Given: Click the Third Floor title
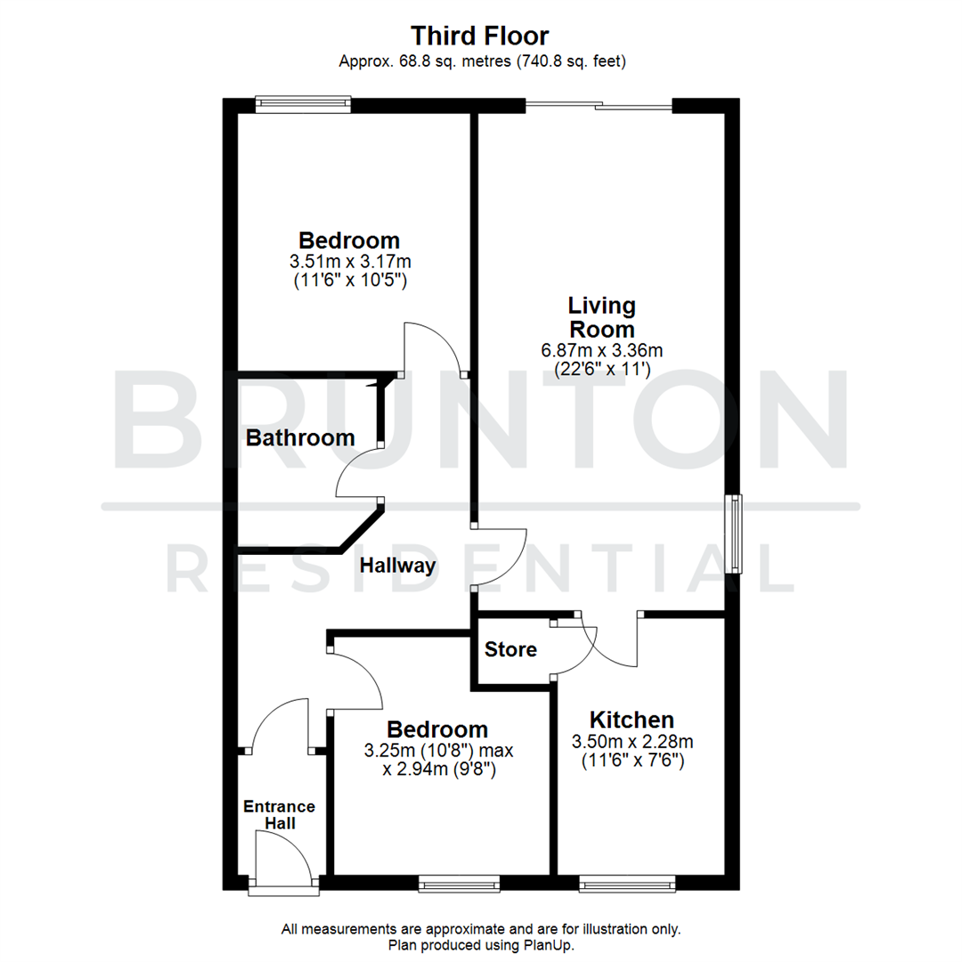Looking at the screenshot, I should coord(480,36).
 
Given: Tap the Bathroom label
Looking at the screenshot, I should coord(300,438).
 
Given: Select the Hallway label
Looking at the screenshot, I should coord(397,566).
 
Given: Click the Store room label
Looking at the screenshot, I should coord(510,649).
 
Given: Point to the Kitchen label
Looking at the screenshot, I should coord(632,720).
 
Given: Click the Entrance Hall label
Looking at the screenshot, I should coord(280,815).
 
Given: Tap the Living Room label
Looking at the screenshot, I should coord(602,318).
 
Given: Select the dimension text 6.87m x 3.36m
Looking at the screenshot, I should coord(602,350).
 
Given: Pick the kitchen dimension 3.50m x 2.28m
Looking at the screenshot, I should coord(632,741).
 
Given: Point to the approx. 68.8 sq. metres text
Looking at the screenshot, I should coord(480,61).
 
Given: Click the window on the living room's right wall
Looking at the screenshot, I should coord(735,534).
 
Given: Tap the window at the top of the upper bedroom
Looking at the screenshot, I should coord(303,105).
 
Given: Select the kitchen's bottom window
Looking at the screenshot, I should coord(627,883).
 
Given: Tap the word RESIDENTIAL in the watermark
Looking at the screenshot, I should coord(480,571).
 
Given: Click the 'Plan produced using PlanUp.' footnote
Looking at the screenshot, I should coord(481,944).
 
